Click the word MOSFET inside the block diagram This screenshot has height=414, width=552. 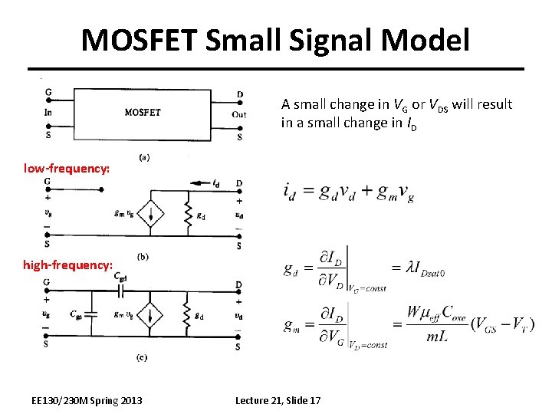click(143, 112)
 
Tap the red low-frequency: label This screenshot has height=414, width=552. click(67, 166)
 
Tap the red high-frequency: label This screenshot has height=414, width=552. click(67, 264)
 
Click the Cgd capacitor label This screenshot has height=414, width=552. click(120, 276)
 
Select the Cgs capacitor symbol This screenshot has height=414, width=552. click(91, 314)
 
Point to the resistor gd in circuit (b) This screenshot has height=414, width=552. click(187, 214)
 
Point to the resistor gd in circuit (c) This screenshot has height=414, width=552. click(187, 316)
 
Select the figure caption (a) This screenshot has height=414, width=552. click(143, 157)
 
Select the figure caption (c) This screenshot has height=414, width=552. click(143, 357)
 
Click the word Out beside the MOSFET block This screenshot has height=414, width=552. click(239, 115)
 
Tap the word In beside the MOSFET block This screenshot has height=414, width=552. click(48, 112)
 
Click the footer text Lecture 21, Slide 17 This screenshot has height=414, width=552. click(278, 400)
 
